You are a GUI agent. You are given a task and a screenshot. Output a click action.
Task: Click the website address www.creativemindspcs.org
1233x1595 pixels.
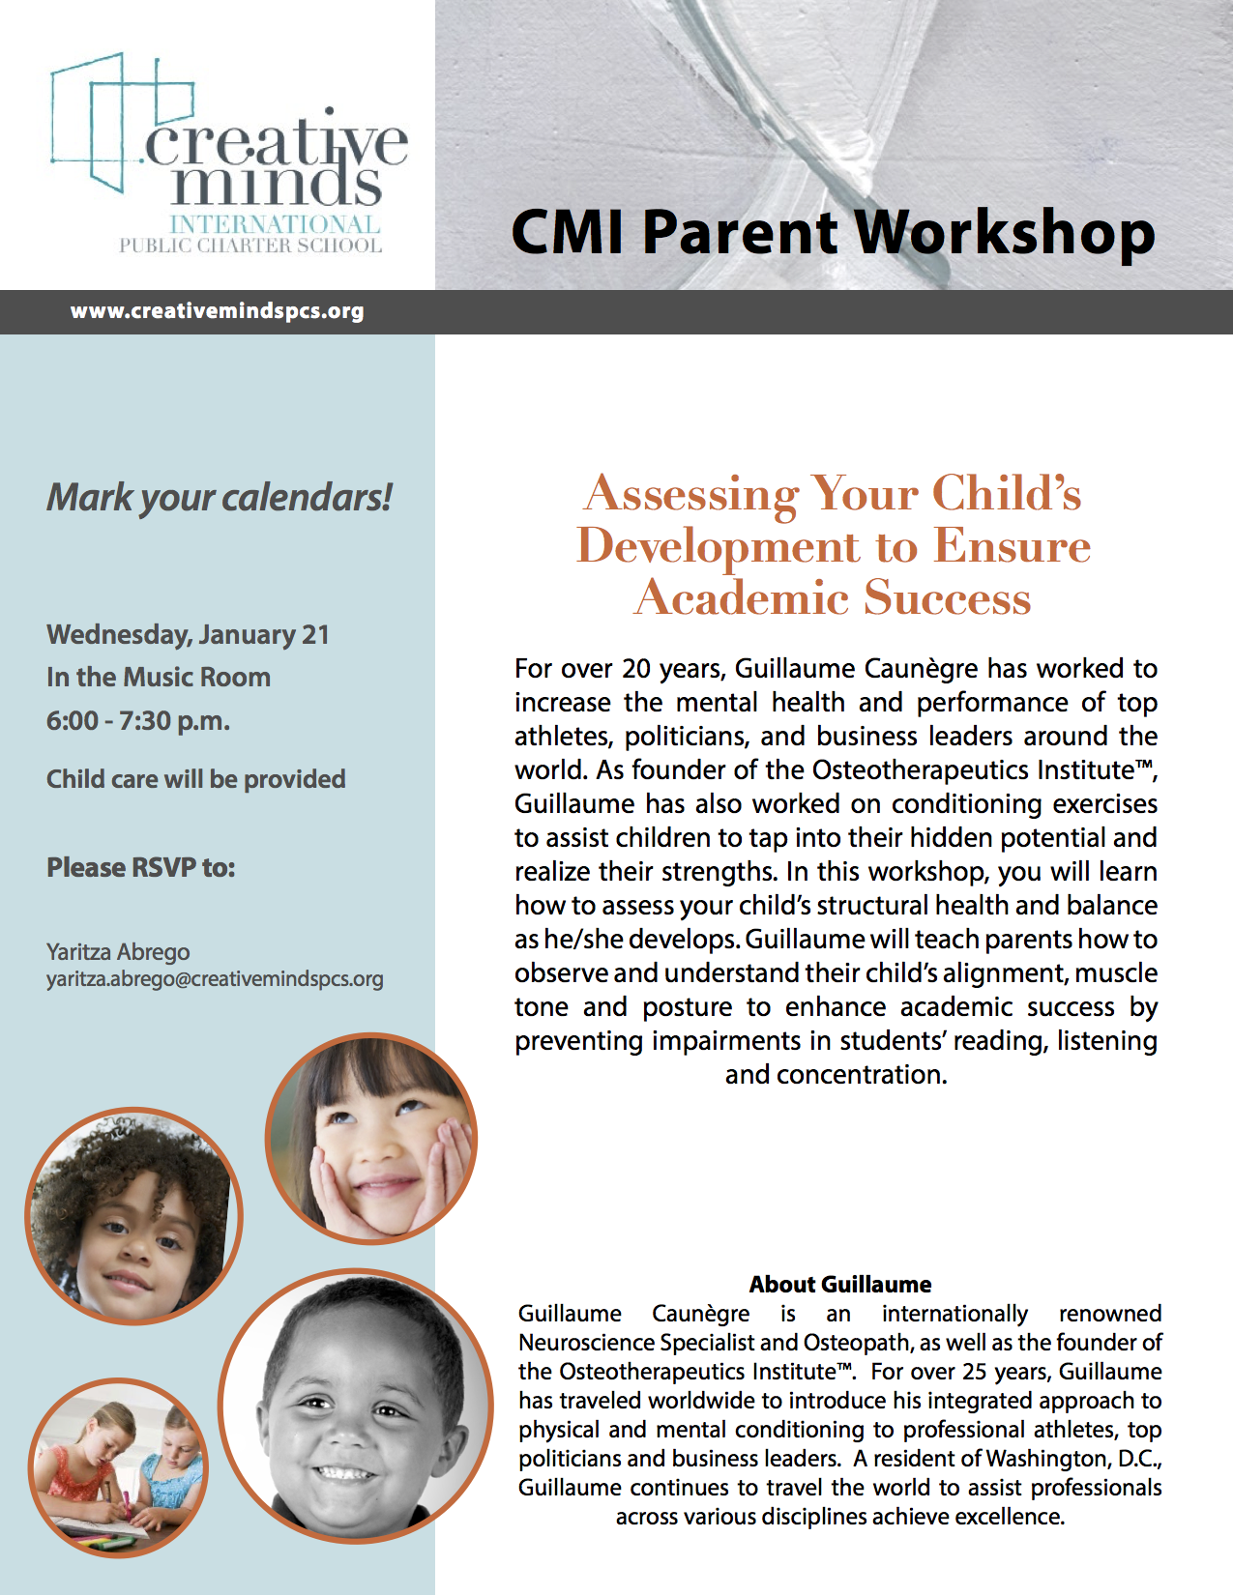coord(217,311)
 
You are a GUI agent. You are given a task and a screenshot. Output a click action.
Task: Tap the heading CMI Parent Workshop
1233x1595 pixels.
coord(833,232)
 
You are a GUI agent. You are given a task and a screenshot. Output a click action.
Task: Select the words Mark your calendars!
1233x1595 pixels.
coord(219,498)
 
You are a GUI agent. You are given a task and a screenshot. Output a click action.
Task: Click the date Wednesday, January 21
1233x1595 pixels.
coord(188,635)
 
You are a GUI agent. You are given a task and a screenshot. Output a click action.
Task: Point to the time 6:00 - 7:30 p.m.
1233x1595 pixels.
coord(138,721)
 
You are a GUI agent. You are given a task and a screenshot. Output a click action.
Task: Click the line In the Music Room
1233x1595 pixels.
coord(158,677)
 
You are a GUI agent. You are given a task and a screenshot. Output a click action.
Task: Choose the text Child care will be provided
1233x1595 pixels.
coord(195,779)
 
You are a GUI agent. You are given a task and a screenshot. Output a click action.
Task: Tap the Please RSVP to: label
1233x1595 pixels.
coord(140,868)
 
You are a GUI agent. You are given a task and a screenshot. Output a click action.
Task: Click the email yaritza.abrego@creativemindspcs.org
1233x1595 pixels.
coord(215,979)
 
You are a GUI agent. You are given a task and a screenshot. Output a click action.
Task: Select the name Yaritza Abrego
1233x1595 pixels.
coord(118,952)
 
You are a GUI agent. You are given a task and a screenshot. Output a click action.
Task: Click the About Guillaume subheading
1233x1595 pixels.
coord(840,1285)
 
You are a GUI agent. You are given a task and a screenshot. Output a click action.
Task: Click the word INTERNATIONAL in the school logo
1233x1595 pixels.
coord(275,224)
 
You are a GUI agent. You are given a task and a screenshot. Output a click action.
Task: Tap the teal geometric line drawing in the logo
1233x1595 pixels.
coord(121,121)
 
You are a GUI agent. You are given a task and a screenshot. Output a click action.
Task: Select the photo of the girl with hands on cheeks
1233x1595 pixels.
coord(370,1139)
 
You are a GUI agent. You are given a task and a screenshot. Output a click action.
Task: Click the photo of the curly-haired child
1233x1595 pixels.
coord(133,1216)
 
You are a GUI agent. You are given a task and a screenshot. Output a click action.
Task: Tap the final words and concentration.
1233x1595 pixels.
coord(837,1075)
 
